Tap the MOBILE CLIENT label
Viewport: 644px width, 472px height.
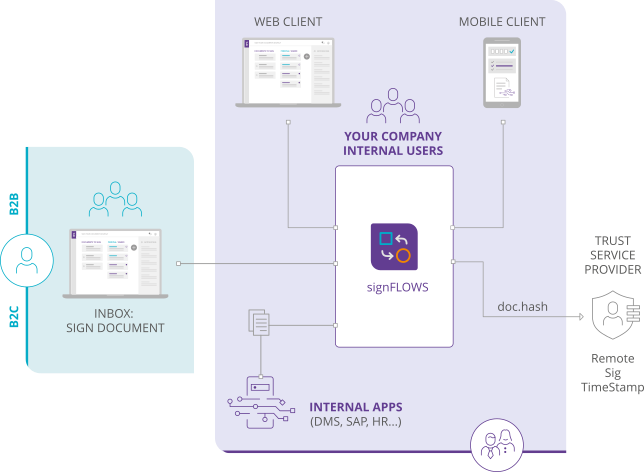click(x=501, y=21)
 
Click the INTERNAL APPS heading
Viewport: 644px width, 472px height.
click(x=355, y=407)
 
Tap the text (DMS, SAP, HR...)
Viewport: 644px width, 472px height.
click(x=355, y=422)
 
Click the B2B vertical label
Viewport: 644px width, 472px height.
click(x=14, y=202)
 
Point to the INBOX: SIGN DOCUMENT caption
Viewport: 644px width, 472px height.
click(x=115, y=319)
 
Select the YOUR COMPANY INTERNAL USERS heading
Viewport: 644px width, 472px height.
click(x=393, y=143)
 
